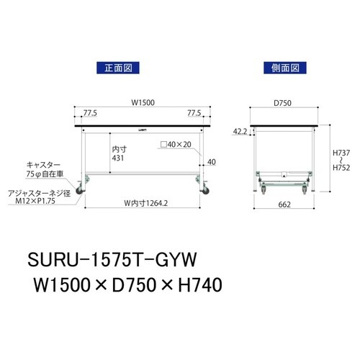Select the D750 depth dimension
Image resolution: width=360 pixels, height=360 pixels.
(x=282, y=102)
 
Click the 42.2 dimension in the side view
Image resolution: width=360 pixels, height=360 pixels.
(x=241, y=132)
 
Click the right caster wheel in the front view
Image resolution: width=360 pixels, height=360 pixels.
(x=206, y=192)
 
